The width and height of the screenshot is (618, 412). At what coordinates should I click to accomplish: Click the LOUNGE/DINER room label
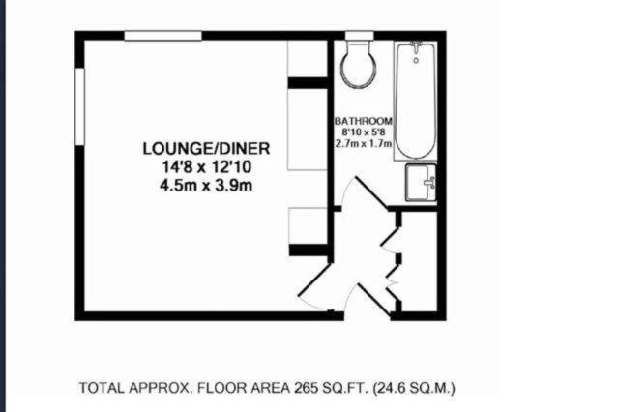206,149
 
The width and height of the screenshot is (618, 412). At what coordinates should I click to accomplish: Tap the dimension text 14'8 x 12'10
207,167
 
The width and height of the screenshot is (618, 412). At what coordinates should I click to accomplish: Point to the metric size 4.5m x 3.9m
206,185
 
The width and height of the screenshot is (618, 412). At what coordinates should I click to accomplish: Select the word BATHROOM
363,121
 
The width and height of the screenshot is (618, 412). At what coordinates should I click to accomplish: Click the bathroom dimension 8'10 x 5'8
363,132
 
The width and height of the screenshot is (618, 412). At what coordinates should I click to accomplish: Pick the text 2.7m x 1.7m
363,143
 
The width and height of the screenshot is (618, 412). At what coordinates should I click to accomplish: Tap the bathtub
416,101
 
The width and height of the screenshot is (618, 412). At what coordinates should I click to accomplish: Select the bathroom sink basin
421,183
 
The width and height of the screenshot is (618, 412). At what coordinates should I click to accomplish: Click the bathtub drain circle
416,61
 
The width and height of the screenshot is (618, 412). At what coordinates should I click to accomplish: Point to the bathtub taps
416,46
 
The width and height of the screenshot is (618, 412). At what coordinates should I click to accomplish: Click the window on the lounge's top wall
163,36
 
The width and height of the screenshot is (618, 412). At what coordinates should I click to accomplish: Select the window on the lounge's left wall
80,106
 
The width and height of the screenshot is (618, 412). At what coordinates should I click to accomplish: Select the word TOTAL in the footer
103,388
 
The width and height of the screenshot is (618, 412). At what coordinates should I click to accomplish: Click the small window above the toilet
360,36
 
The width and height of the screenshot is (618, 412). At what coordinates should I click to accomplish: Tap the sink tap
429,183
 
